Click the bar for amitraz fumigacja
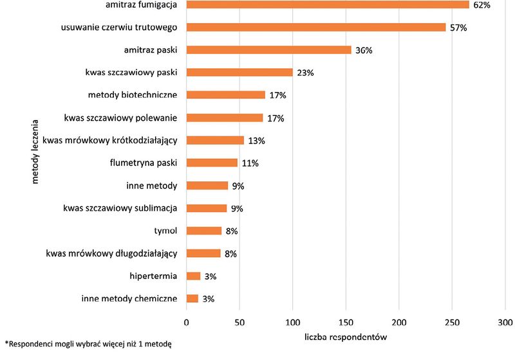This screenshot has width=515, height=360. tap(328, 5)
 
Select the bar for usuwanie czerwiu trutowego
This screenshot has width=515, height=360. tap(316, 28)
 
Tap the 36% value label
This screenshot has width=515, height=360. tap(364, 50)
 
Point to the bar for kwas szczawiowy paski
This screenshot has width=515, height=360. tap(239, 73)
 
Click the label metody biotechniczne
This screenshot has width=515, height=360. tap(133, 95)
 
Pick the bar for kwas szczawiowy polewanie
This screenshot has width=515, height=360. tap(225, 118)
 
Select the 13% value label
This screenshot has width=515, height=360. tap(256, 141)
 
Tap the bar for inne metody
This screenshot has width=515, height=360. tap(207, 186)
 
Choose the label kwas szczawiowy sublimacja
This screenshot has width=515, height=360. tap(120, 208)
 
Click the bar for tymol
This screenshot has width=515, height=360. tap(204, 231)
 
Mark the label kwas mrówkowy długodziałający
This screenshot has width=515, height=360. tap(111, 253)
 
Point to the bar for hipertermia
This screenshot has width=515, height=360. tap(194, 276)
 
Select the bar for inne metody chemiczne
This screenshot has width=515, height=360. tap(192, 298)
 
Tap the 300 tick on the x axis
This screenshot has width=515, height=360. tap(505, 321)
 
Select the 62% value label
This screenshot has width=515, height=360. tap(482, 5)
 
